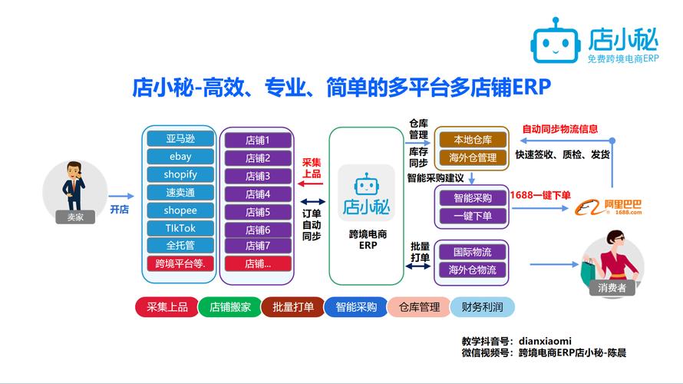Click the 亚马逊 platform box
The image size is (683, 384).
coord(180,139)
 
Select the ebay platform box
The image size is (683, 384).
coord(180,157)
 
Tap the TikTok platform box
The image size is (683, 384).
coord(180,228)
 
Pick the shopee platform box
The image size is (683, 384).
coord(180,210)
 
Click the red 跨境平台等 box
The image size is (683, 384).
coord(180,263)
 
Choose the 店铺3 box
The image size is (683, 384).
coord(258,176)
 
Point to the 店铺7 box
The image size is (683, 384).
coord(258,246)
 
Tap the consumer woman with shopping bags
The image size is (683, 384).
coord(611,257)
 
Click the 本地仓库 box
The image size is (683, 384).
coord(473,140)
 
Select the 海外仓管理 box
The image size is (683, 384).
coord(473,158)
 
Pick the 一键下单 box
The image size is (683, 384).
coord(473,217)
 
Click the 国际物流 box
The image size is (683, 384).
coord(473,252)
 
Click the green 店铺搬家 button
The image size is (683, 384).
coord(229,307)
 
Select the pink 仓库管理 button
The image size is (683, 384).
coord(419,307)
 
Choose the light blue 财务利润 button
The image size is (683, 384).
coord(483,307)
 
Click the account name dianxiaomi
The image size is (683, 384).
coord(544,341)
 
